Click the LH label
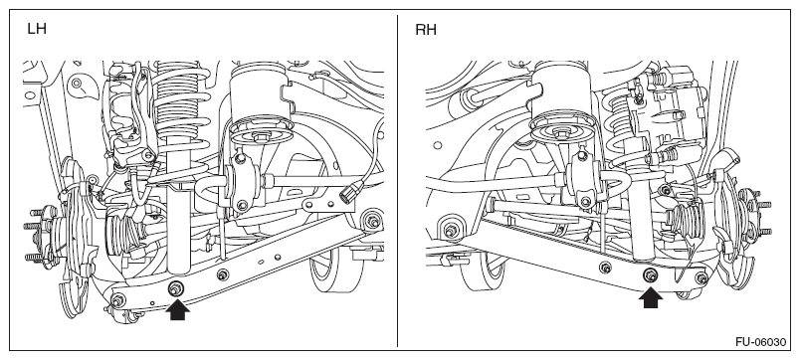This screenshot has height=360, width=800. (x=37, y=29)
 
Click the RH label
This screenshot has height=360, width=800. (x=426, y=30)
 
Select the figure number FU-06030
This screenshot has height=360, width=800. (x=760, y=342)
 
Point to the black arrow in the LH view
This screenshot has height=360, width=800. (x=177, y=309)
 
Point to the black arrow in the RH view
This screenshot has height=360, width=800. (x=651, y=297)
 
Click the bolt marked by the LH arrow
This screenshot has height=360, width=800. (x=176, y=288)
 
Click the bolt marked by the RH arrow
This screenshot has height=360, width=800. (x=650, y=275)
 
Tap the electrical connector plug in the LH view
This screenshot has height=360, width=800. (x=348, y=193)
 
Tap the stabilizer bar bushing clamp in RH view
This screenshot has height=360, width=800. (x=583, y=178)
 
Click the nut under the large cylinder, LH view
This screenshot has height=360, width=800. (x=261, y=135)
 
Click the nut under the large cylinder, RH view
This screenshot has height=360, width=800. (x=562, y=133)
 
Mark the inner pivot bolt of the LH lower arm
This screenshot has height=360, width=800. (x=372, y=221)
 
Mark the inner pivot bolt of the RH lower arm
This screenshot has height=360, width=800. (x=451, y=230)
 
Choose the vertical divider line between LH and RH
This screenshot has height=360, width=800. (x=397, y=181)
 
